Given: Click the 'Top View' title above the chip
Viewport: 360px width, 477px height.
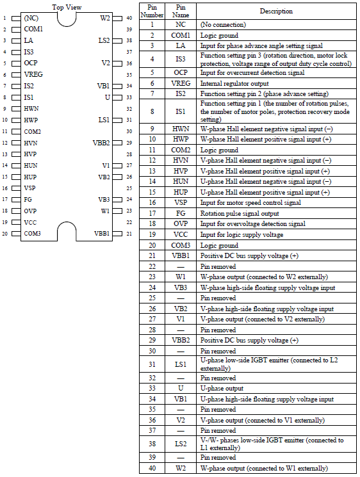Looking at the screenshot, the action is pyautogui.click(x=67, y=7).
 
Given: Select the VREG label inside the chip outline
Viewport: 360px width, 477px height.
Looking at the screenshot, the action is pyautogui.click(x=34, y=74).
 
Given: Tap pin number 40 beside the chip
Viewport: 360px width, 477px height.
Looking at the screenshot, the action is pyautogui.click(x=129, y=18).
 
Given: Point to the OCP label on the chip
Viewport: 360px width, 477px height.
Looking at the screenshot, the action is pyautogui.click(x=31, y=63).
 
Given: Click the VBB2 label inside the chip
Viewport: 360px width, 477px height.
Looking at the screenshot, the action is pyautogui.click(x=101, y=143).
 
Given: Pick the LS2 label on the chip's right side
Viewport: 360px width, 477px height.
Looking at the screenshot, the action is pyautogui.click(x=104, y=40).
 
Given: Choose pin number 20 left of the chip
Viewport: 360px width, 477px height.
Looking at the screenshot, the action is pyautogui.click(x=4, y=234).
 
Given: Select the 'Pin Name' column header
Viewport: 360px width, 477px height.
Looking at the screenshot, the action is pyautogui.click(x=181, y=11).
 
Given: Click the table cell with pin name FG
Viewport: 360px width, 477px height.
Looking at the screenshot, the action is pyautogui.click(x=181, y=213).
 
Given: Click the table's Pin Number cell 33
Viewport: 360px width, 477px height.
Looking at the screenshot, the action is pyautogui.click(x=152, y=388).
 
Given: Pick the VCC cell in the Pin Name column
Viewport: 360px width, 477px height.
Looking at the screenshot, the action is pyautogui.click(x=181, y=234).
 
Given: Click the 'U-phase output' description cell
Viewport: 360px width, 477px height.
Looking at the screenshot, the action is pyautogui.click(x=222, y=388).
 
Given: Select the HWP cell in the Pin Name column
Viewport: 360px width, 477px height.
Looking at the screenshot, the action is pyautogui.click(x=181, y=139).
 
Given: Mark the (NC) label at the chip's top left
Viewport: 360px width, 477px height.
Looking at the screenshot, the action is pyautogui.click(x=31, y=18).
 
